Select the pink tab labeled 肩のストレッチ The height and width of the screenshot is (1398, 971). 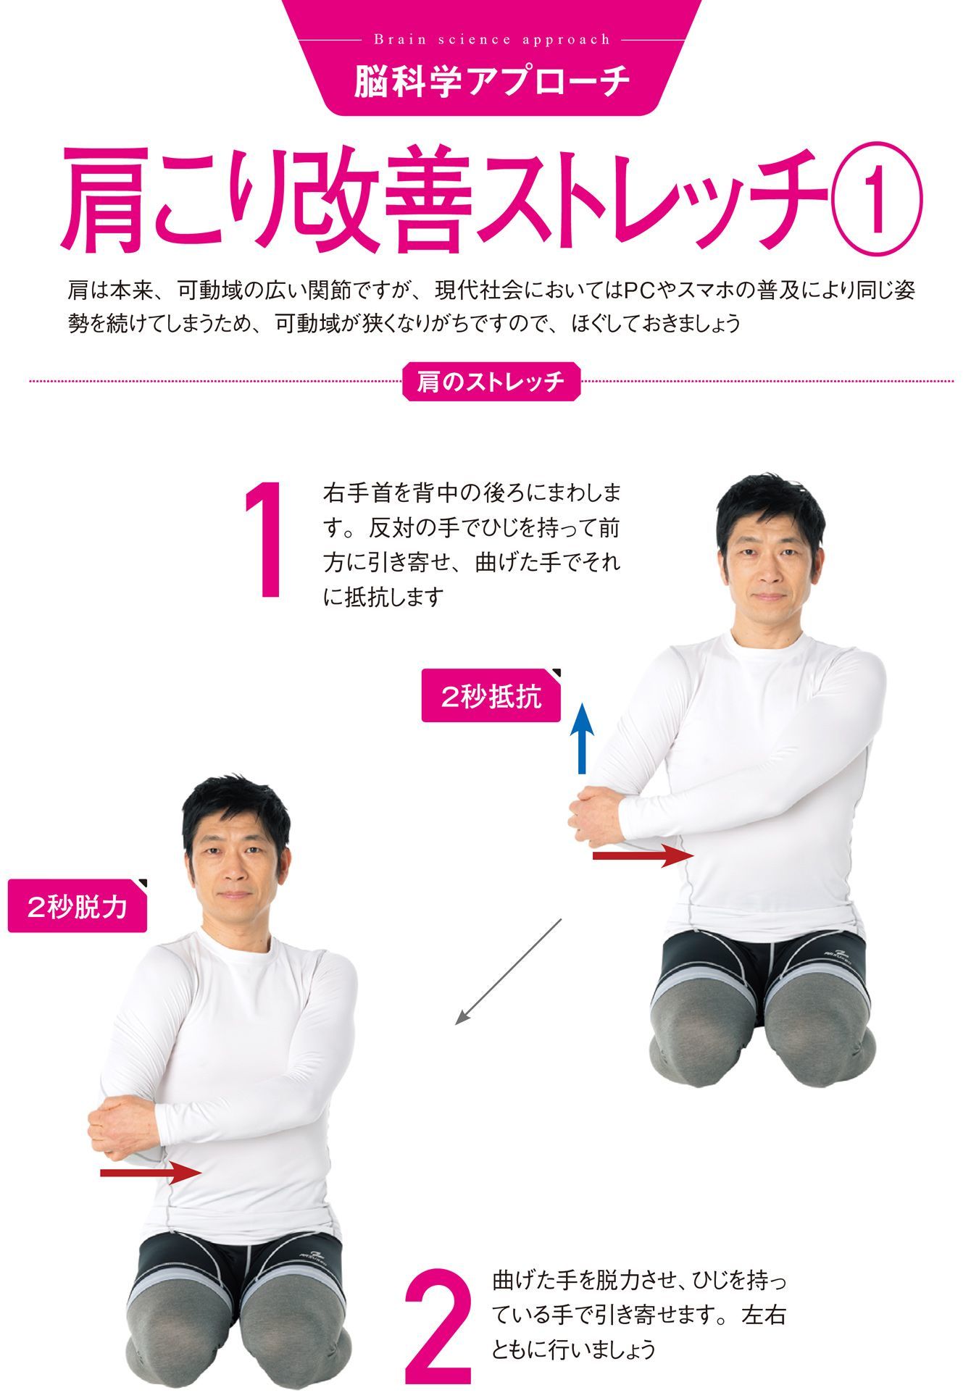[x=491, y=381]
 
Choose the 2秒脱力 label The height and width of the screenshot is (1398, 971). [x=78, y=905]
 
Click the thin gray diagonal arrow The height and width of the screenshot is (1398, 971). [x=509, y=971]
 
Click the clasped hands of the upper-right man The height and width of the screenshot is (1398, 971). [x=596, y=816]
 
